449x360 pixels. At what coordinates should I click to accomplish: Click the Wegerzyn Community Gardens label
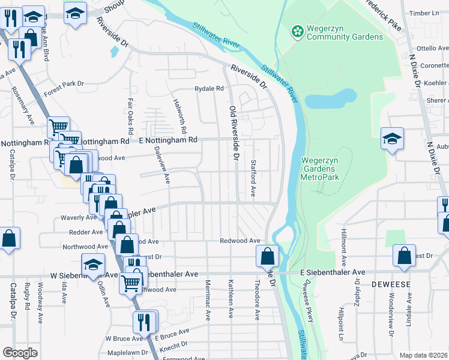pyautogui.click(x=344, y=32)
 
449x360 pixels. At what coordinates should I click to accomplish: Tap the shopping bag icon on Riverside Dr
pyautogui.click(x=267, y=256)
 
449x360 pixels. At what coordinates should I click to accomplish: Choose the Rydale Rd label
pyautogui.click(x=208, y=89)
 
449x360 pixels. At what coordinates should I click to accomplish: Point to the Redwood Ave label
pyautogui.click(x=240, y=241)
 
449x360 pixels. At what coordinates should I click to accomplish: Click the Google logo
pyautogui.click(x=20, y=353)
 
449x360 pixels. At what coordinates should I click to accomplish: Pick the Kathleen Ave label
pyautogui.click(x=231, y=298)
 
